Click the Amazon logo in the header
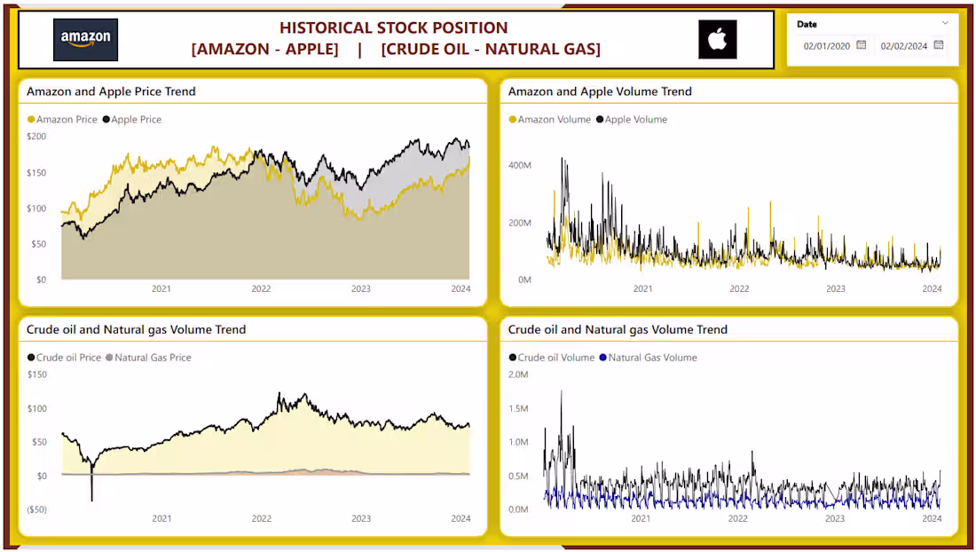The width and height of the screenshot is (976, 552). (x=85, y=39)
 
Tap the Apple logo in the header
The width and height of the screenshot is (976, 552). (x=717, y=39)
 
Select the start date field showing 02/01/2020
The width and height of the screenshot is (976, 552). (x=826, y=46)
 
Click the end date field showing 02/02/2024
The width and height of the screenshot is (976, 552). (x=903, y=46)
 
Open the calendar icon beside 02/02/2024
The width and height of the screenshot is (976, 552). (x=939, y=45)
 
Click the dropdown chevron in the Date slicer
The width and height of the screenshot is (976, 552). (x=945, y=23)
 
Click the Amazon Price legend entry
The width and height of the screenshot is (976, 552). (x=62, y=120)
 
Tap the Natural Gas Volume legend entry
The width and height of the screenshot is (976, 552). (x=649, y=358)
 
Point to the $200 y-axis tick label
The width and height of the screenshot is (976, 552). (x=36, y=137)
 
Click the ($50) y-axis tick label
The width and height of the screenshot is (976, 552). (x=35, y=509)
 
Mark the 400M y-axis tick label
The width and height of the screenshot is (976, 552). (x=518, y=166)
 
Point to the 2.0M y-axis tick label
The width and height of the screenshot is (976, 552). (x=518, y=375)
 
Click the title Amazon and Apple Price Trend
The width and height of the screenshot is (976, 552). (x=111, y=91)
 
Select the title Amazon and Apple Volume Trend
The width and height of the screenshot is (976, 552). (x=600, y=91)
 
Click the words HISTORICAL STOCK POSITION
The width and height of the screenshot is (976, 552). (x=394, y=28)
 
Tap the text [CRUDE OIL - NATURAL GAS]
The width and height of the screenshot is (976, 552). (x=491, y=50)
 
